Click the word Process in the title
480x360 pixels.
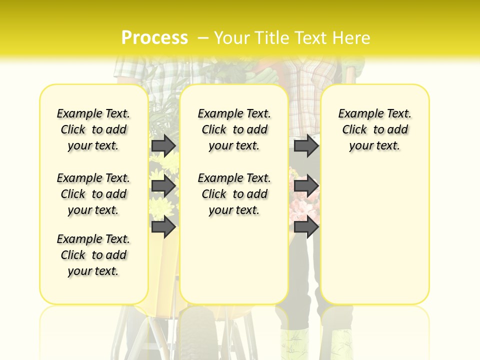coord(154,37)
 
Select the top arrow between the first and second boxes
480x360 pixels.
coord(163,145)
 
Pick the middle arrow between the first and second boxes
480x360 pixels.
coord(163,186)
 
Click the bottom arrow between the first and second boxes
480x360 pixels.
coord(163,227)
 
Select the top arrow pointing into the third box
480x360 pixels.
coord(306,145)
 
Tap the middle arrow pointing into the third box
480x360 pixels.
coord(306,186)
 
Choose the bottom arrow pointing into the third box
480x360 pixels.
coord(306,227)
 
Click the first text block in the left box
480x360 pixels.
coord(93,129)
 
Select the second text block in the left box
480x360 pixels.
coord(93,194)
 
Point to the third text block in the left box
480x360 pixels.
coord(93,255)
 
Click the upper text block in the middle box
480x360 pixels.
coord(234,129)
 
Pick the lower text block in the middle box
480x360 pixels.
coord(234,194)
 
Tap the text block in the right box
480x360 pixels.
coord(375,129)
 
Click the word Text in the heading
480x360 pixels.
coord(310,38)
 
